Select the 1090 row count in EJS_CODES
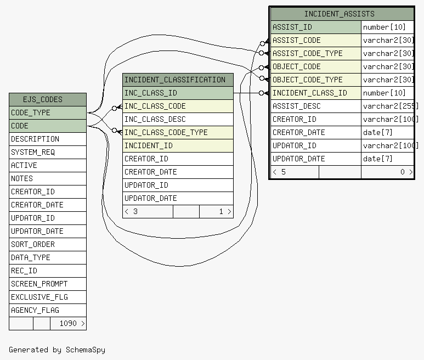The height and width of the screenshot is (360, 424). (68, 323)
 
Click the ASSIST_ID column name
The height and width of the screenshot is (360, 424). (292, 27)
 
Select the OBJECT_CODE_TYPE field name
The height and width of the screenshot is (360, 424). (308, 80)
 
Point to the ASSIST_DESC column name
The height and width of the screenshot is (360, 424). (296, 106)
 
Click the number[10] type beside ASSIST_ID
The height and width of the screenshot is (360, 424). (385, 27)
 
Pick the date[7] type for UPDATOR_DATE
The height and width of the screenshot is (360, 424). (377, 159)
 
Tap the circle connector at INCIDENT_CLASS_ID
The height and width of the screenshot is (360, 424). (261, 93)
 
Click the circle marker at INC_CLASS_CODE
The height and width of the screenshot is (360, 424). (115, 108)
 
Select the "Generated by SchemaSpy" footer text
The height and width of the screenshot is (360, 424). (57, 350)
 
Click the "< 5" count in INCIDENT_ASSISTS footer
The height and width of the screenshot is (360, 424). (279, 172)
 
